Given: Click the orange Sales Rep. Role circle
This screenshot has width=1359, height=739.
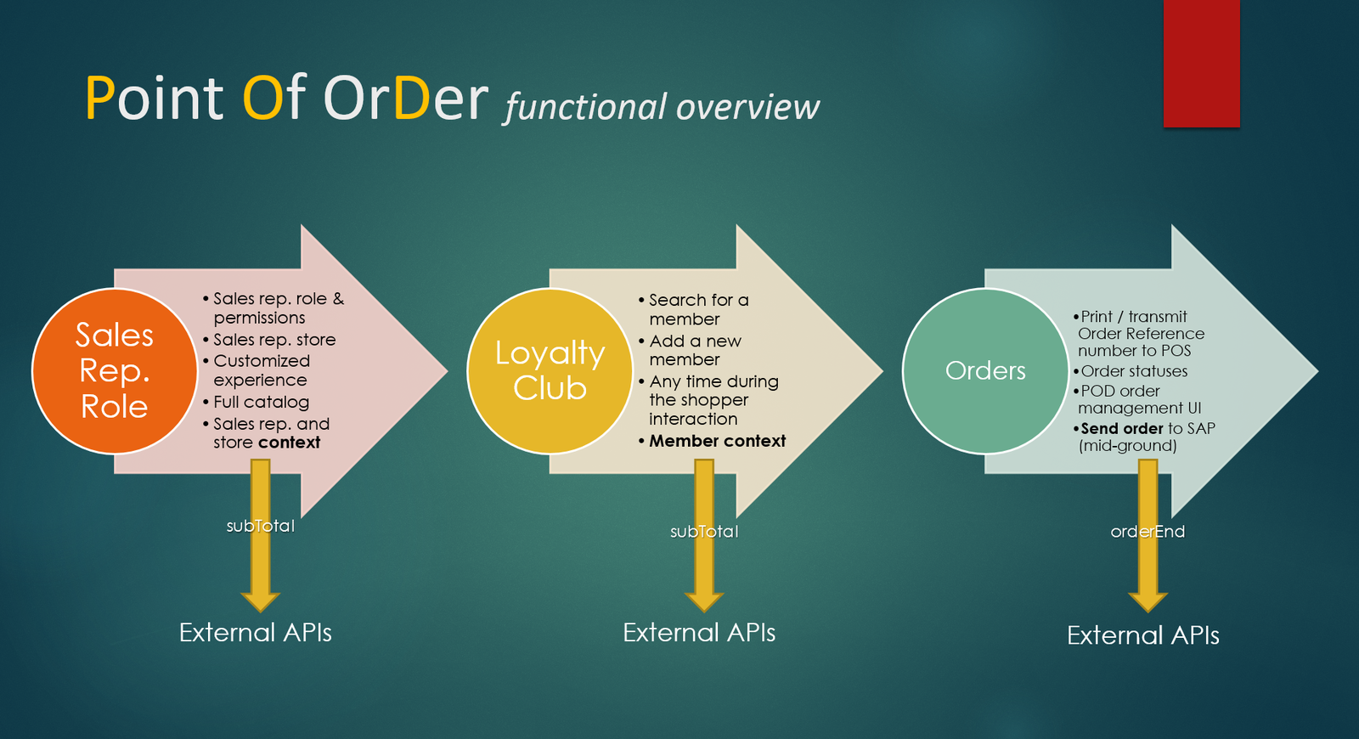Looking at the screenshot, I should point(115,371).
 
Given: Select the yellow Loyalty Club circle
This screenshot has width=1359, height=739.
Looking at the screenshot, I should point(550,371).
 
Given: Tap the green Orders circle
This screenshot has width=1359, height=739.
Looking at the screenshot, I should point(985,371).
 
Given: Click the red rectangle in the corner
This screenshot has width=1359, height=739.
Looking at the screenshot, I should point(1201,63).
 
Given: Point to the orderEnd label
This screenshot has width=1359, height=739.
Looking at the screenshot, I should point(1148,532).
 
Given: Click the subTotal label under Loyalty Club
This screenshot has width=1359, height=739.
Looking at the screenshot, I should point(704,532).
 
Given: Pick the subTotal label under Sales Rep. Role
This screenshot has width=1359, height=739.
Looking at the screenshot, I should point(260,526).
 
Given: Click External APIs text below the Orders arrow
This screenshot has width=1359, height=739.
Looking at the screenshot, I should point(1142,635).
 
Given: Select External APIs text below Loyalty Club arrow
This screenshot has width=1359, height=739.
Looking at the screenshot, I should point(699,633).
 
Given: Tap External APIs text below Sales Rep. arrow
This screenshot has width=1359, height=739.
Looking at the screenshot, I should point(255,633).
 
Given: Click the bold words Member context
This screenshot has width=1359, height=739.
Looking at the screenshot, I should point(718,441).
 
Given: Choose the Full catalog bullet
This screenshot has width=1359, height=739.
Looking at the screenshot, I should point(261,402).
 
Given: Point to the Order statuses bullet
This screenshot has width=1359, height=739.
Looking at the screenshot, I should point(1134,371).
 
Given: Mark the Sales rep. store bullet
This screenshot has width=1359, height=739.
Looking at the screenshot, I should point(274,340).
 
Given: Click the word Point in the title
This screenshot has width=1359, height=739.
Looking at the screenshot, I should point(154,99).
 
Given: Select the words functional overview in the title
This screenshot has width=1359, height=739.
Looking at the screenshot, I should point(662,107).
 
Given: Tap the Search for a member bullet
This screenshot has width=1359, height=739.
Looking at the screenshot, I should point(698,309).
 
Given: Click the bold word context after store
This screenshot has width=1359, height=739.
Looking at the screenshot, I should point(290,443).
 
